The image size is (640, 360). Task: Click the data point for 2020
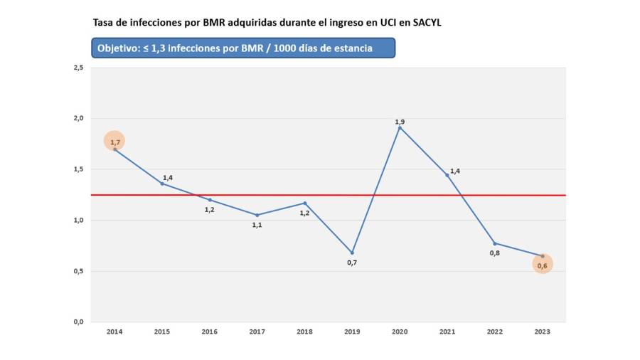pyautogui.click(x=400, y=127)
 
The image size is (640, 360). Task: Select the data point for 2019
pyautogui.click(x=352, y=253)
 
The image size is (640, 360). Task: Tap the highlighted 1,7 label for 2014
pyautogui.click(x=114, y=142)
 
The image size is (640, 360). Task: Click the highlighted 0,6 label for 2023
pyautogui.click(x=542, y=265)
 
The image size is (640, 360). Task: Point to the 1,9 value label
pyautogui.click(x=400, y=122)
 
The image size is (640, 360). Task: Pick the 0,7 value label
pyautogui.click(x=351, y=263)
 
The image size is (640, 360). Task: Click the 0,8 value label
pyautogui.click(x=494, y=253)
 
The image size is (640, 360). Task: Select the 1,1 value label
pyautogui.click(x=257, y=225)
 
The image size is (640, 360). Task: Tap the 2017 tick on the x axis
pyautogui.click(x=257, y=332)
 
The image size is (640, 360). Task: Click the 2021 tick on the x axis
pyautogui.click(x=447, y=332)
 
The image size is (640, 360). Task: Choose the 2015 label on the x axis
pyautogui.click(x=161, y=332)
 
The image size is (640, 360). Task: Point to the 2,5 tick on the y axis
pyautogui.click(x=78, y=68)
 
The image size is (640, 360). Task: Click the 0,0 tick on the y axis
pyautogui.click(x=78, y=322)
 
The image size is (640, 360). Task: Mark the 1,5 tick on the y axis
pyautogui.click(x=78, y=169)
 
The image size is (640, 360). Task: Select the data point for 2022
pyautogui.click(x=495, y=243)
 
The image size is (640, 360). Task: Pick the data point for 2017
pyautogui.click(x=257, y=215)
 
